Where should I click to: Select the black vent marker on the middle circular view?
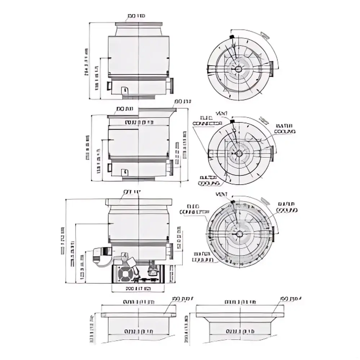click(x=232, y=121)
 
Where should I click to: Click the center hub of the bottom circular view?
click(x=238, y=234)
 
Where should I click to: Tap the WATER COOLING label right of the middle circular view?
click(x=284, y=129)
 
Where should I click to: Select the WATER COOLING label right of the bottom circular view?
click(x=287, y=207)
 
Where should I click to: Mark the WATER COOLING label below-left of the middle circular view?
click(x=209, y=180)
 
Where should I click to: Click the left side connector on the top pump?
click(x=108, y=86)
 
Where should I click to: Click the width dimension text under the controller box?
click(x=138, y=289)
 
